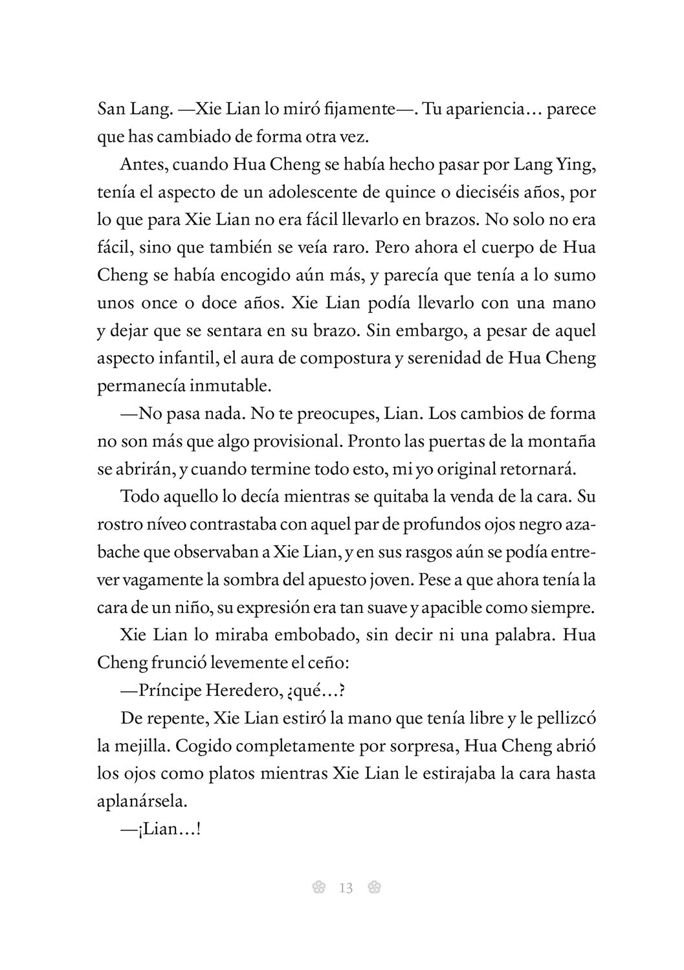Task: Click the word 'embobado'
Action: pos(302,635)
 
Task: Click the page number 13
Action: pos(346,889)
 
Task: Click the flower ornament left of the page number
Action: pos(317,889)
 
